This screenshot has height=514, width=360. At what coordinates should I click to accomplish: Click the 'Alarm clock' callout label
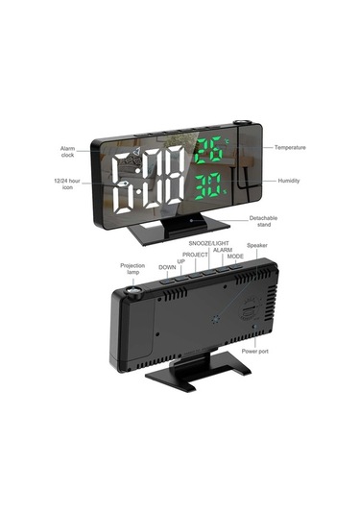coord(68,152)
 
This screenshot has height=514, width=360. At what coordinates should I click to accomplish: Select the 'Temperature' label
coord(290,147)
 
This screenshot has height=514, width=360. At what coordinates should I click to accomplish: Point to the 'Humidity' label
coord(289,181)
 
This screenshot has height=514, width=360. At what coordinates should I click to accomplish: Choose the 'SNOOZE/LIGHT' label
coord(207,244)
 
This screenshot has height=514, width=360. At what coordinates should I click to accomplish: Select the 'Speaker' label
coord(257,246)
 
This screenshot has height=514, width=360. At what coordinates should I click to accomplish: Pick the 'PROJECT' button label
coord(196,254)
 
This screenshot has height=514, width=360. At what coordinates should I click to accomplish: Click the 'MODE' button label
coord(235,257)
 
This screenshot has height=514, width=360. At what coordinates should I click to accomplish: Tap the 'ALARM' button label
coord(223,250)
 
